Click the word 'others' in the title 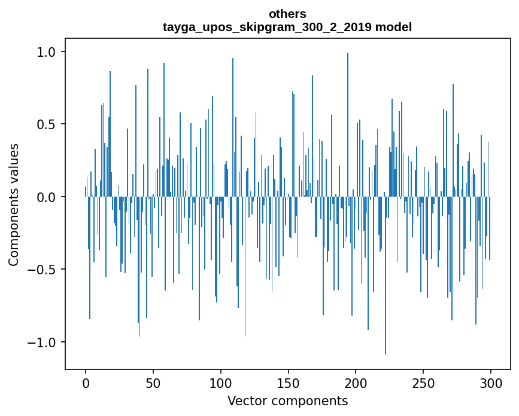(287, 14)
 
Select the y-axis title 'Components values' (14, 204)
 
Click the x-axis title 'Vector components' (287, 400)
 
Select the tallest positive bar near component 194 (348, 120)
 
